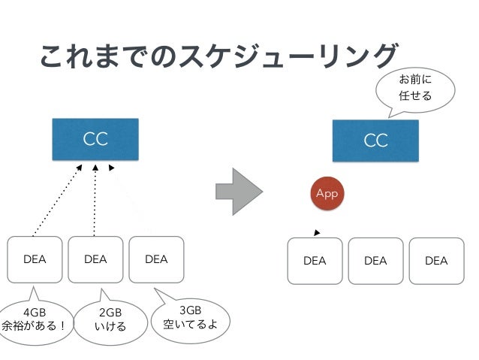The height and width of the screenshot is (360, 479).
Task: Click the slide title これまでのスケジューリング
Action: [x=218, y=56]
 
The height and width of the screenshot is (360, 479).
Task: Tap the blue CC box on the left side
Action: [x=95, y=139]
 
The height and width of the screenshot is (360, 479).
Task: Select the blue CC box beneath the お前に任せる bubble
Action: [x=375, y=141]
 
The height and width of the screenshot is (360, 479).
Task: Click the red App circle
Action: [x=327, y=193]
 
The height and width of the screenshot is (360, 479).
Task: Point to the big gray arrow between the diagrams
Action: [x=239, y=192]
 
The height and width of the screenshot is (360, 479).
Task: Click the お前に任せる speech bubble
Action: [x=415, y=90]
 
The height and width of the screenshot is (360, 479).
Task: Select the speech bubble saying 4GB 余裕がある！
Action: [x=35, y=321]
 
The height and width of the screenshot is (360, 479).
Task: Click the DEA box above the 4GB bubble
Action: [x=35, y=259]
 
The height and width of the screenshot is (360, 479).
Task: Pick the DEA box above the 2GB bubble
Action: [x=95, y=259]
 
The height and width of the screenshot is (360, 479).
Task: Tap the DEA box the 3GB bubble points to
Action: [x=156, y=259]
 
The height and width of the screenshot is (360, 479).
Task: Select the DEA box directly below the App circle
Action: [x=315, y=261]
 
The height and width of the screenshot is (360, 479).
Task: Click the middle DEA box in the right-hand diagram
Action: [x=375, y=261]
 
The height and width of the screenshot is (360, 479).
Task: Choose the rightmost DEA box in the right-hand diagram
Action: [x=436, y=261]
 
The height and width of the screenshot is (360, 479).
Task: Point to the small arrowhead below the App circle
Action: [x=317, y=233]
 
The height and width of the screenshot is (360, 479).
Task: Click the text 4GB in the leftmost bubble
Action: [x=35, y=313]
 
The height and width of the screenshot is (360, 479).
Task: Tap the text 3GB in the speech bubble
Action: [x=190, y=310]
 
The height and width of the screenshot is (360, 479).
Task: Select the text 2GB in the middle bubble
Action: [x=110, y=313]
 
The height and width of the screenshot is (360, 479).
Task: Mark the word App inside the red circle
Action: [x=327, y=194]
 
